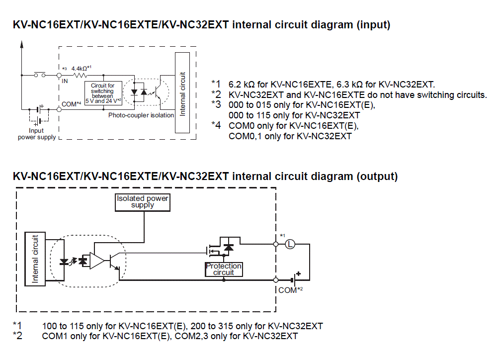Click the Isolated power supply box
click(x=143, y=201)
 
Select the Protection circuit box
click(x=224, y=269)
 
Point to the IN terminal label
click(x=65, y=81)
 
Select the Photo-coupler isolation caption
click(x=141, y=115)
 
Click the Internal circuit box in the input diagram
click(x=183, y=93)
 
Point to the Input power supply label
click(x=37, y=134)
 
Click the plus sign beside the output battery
click(x=299, y=273)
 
